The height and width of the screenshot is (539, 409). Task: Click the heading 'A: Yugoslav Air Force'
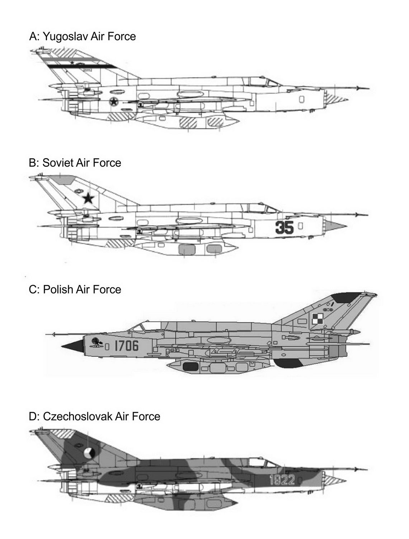point(83,36)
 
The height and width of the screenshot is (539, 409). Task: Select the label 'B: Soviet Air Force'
point(75,163)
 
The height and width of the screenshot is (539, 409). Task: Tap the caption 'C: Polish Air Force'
point(75,289)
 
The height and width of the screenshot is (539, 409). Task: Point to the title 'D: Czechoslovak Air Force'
point(94,416)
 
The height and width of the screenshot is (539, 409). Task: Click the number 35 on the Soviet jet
point(285,227)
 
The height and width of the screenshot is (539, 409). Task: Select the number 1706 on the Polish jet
point(126,346)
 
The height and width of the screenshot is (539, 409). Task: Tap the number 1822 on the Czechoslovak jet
point(282,480)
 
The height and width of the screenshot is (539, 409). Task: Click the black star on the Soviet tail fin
point(88,198)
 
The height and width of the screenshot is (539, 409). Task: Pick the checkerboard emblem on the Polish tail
point(317,318)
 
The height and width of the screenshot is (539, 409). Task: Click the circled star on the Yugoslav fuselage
point(114,102)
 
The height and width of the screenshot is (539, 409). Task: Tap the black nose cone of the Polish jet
point(73,346)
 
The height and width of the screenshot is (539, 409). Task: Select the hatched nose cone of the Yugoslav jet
point(335,98)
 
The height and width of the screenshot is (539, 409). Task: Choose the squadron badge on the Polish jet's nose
point(96,342)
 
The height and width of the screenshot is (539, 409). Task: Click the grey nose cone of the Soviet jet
point(335,225)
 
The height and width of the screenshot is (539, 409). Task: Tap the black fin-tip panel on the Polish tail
point(345,297)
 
